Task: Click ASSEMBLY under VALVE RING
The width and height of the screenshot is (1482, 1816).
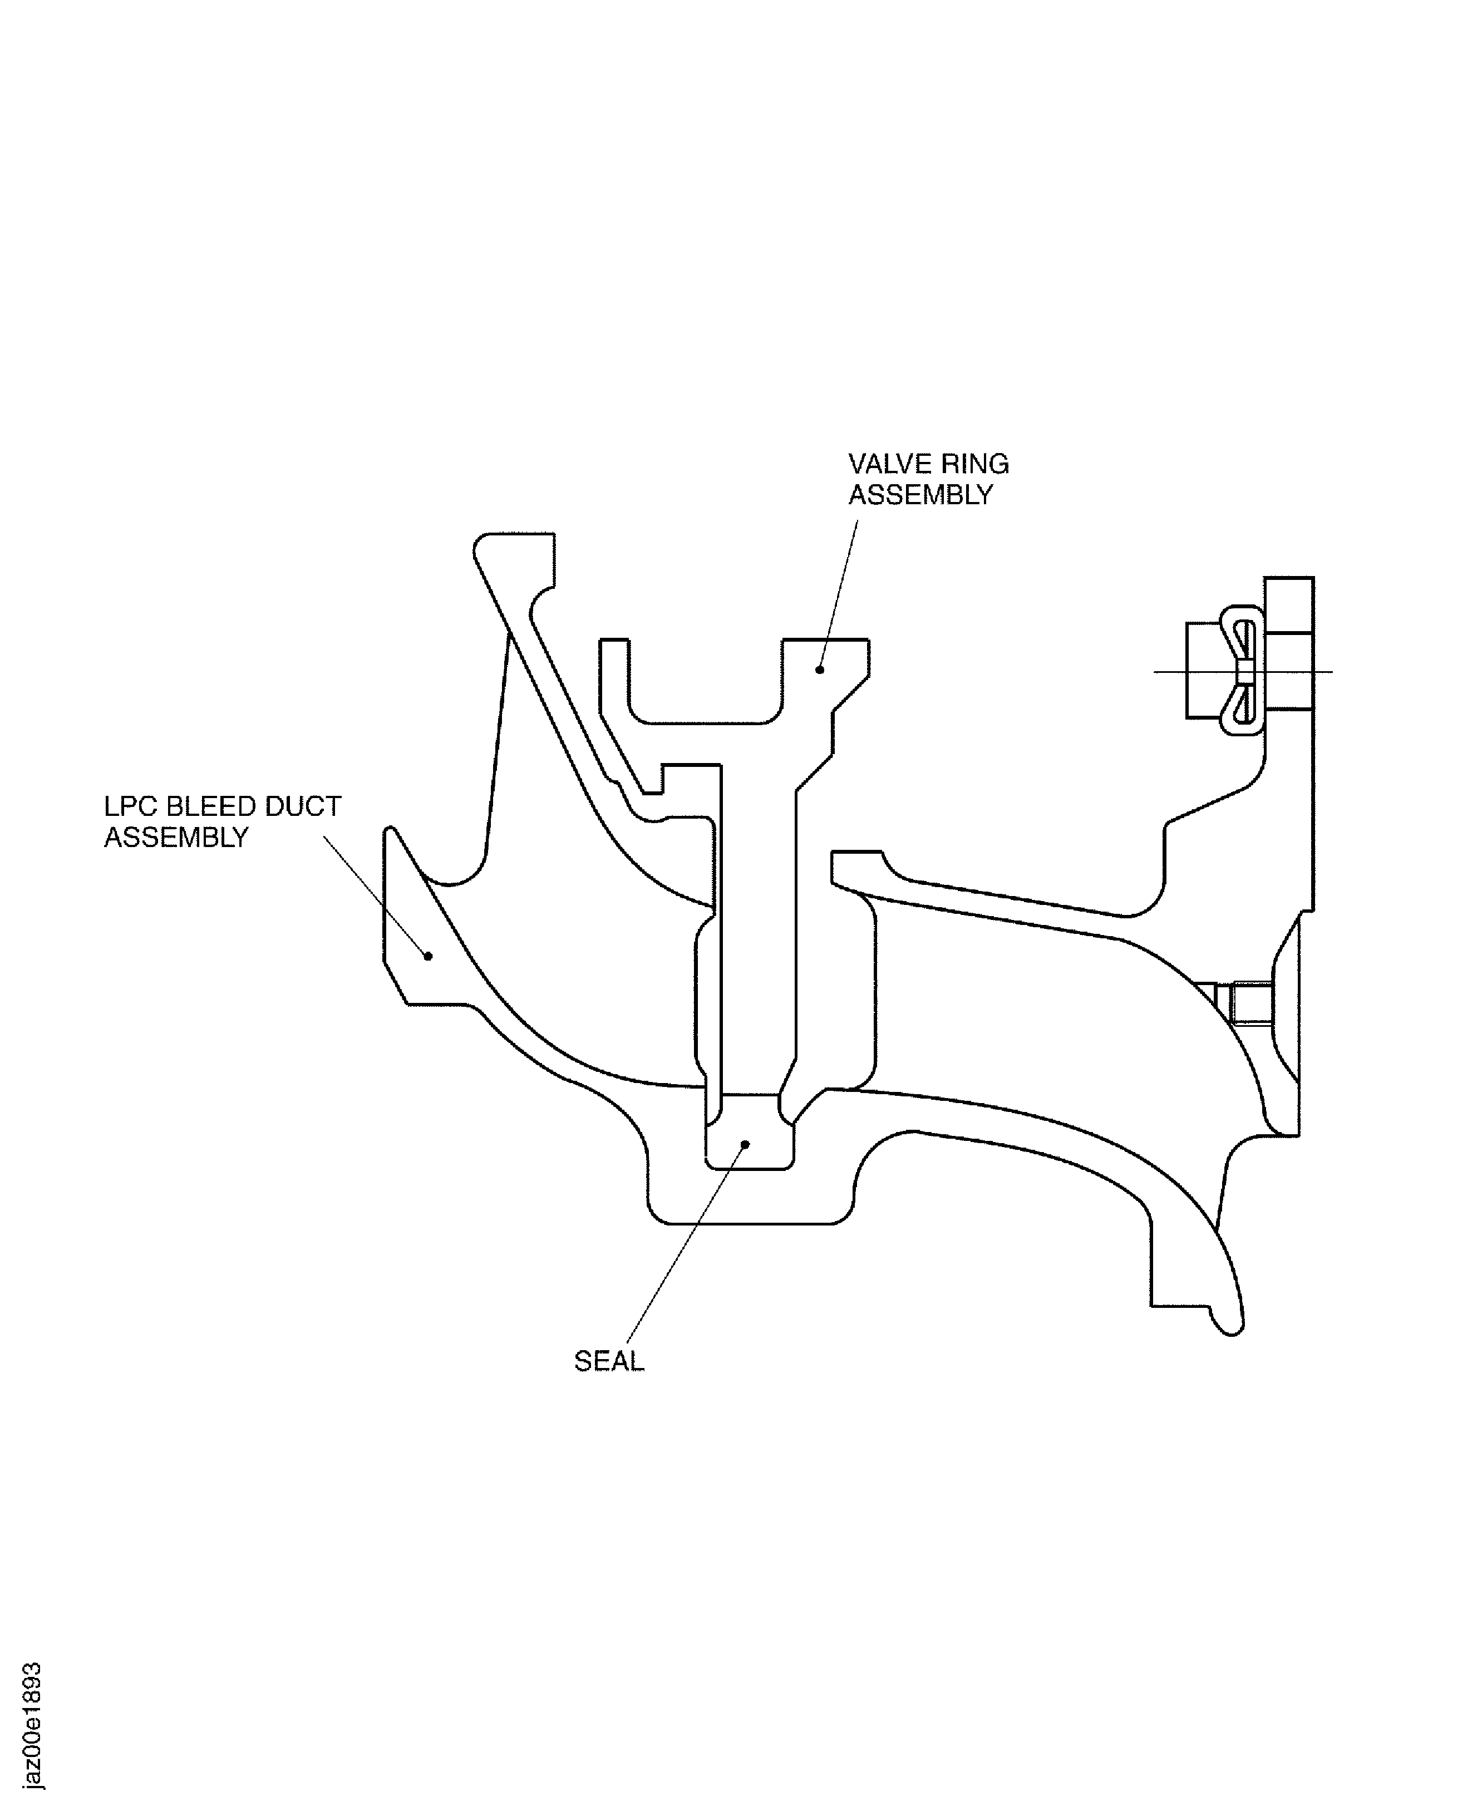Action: pyautogui.click(x=920, y=495)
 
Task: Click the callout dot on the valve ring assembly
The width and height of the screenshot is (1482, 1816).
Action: pyautogui.click(x=820, y=670)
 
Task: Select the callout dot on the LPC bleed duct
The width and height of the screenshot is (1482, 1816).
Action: pyautogui.click(x=429, y=956)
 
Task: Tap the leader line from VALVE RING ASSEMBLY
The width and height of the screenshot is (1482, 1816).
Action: pyautogui.click(x=838, y=594)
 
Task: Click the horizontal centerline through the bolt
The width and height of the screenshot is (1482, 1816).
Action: pyautogui.click(x=1243, y=672)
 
